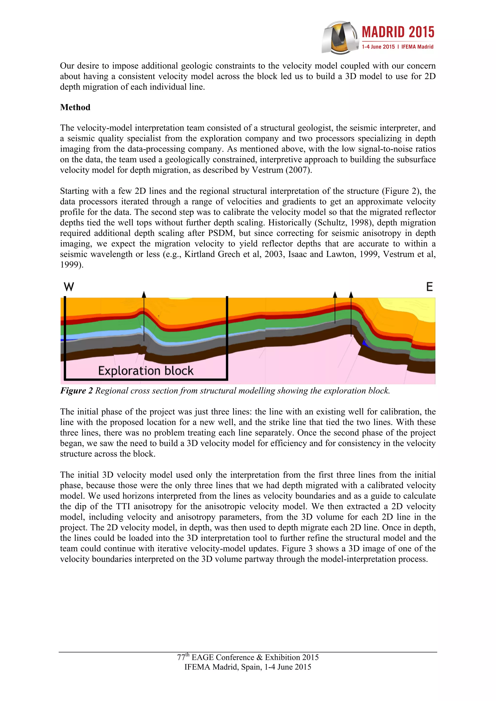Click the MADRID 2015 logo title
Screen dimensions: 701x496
click(398, 32)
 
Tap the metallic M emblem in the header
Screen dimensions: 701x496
click(340, 37)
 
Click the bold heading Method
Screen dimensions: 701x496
click(75, 107)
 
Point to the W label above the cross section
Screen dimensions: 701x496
click(69, 287)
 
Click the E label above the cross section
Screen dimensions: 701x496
click(429, 287)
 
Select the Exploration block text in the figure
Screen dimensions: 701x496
click(146, 371)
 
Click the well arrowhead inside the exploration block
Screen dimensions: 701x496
click(144, 294)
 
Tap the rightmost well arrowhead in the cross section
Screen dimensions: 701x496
click(351, 295)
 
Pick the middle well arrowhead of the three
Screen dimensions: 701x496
click(335, 295)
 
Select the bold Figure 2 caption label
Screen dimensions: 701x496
click(76, 391)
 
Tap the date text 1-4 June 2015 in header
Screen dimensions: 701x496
click(378, 47)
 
